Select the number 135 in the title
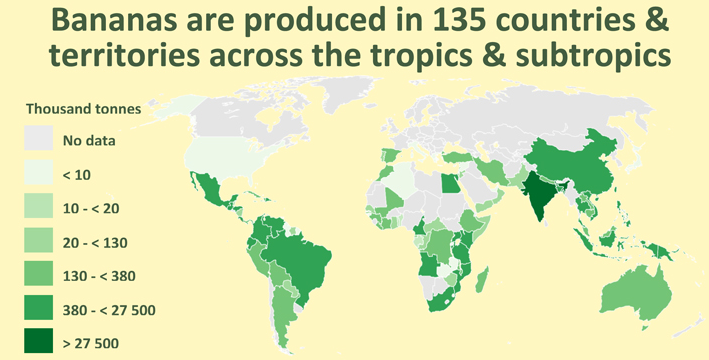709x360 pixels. [x=438, y=21]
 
